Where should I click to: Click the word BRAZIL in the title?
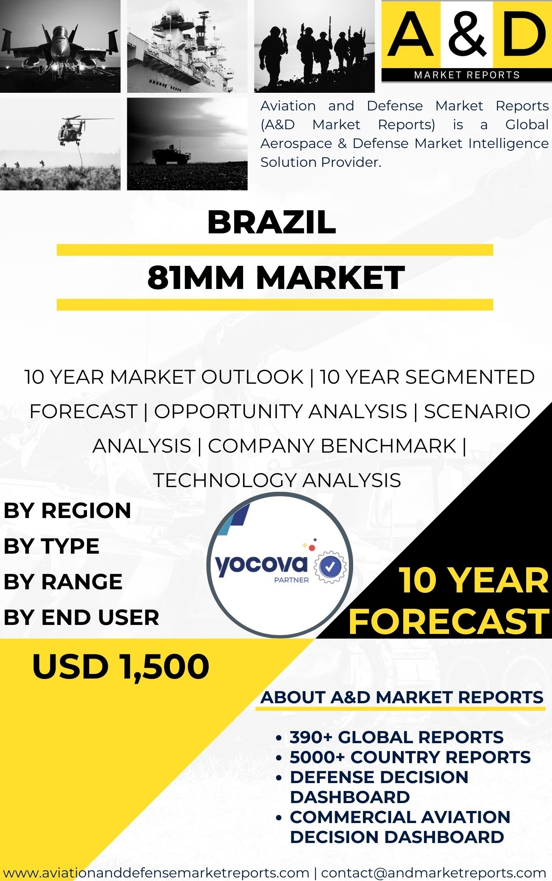271,222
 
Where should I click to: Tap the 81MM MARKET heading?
276,277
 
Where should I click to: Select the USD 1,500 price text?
121,666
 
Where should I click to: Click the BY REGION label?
67,511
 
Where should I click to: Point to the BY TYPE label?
51,546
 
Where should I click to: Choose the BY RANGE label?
63,582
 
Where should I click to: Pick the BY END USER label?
81,617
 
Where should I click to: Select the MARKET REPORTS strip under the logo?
467,75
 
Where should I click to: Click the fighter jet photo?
60,46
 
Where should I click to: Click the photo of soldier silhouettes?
314,46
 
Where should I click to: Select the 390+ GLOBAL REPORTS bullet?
397,737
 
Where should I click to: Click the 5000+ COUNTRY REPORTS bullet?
410,757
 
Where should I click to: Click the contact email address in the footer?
433,873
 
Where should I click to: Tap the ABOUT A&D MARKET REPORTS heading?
402,697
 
